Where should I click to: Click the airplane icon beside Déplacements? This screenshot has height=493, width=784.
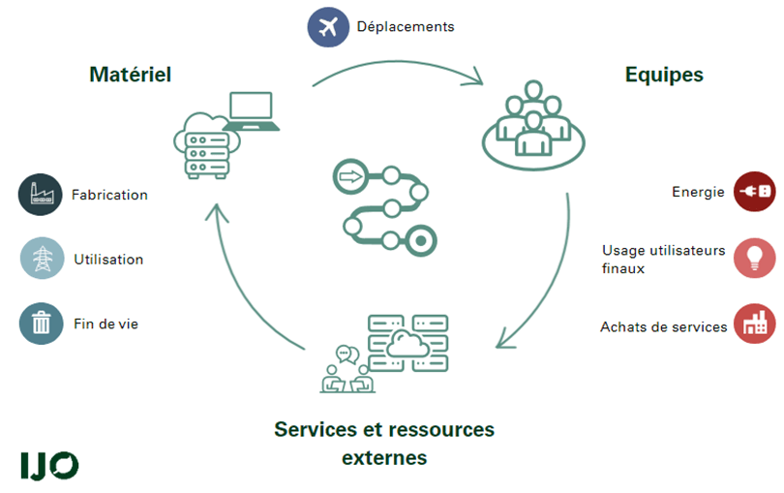[328, 27]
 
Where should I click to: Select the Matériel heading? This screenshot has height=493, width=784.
[130, 75]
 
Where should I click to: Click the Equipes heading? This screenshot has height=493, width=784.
[664, 75]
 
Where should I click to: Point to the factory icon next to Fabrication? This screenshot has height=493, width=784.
[41, 195]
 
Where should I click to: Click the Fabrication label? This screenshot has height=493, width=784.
[109, 195]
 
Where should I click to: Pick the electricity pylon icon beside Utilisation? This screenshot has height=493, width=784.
[42, 259]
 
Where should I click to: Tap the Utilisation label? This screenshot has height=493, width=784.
[108, 260]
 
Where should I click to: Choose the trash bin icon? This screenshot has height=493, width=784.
[41, 324]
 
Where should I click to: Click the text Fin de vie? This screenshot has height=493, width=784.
[106, 324]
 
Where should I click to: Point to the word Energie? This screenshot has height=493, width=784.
[698, 192]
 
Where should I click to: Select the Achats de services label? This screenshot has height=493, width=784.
[663, 327]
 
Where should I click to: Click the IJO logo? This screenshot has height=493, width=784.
[49, 465]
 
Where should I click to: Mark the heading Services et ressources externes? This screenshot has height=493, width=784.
[384, 443]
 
